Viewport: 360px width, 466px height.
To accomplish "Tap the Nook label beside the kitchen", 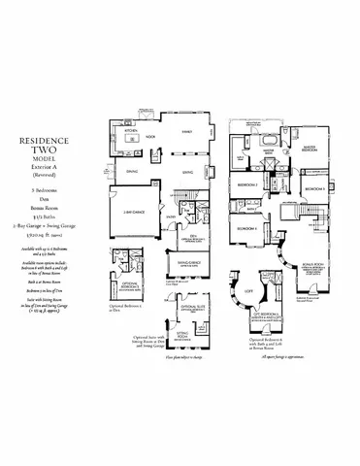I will (150, 138).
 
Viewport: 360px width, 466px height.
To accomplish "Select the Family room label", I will (184, 130).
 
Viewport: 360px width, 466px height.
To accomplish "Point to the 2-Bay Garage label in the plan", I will (134, 210).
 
